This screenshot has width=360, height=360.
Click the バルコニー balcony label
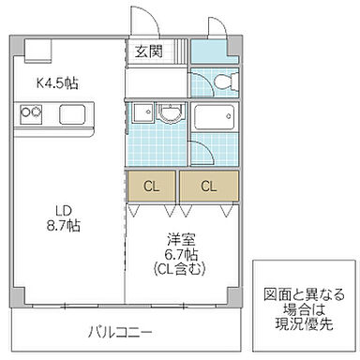122,331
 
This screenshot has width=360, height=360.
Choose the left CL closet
152,187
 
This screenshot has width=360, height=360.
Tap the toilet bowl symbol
216,81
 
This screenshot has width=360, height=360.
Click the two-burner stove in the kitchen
30,115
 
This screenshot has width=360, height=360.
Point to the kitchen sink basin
72,115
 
